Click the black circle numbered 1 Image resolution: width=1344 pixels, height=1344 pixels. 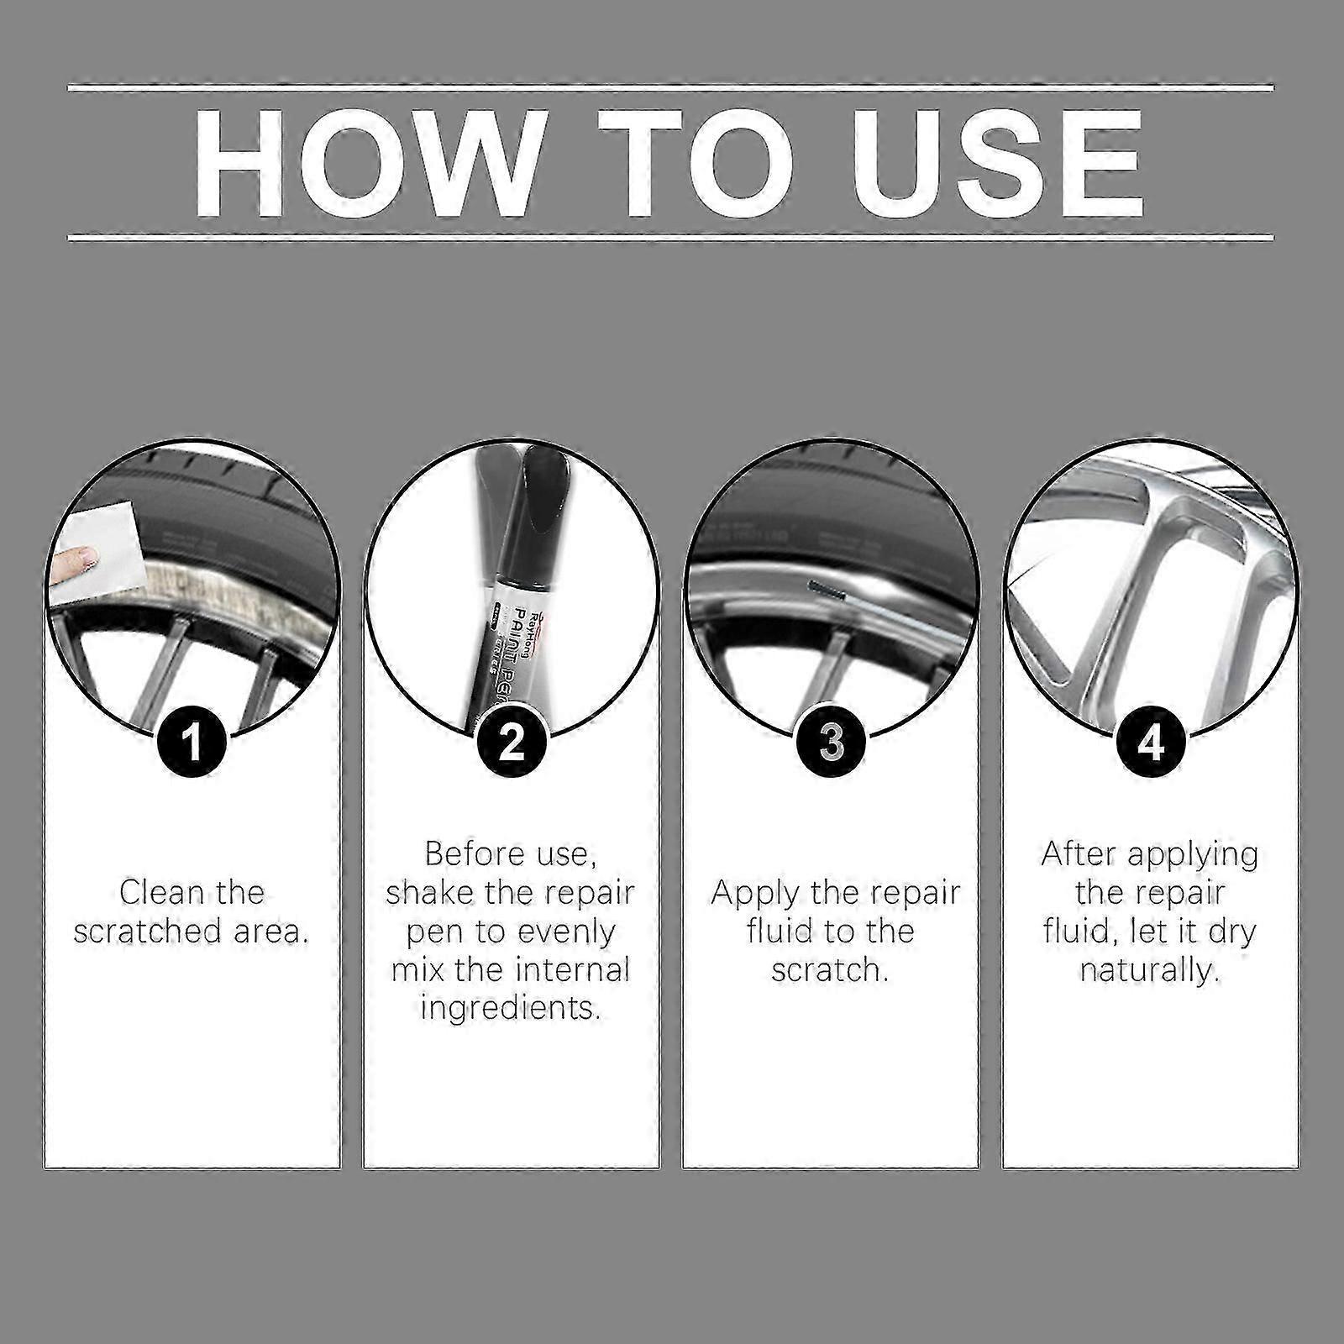coord(192,743)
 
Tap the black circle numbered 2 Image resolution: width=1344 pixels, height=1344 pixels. coord(512,743)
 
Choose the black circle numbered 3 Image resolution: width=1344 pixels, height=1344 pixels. coord(831,743)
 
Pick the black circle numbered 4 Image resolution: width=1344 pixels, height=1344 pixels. coord(1150,743)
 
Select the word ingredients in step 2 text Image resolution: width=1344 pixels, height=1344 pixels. coord(511,1007)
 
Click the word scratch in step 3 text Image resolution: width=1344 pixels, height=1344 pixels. coord(829,969)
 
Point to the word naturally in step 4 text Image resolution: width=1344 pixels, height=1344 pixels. coord(1149,970)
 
